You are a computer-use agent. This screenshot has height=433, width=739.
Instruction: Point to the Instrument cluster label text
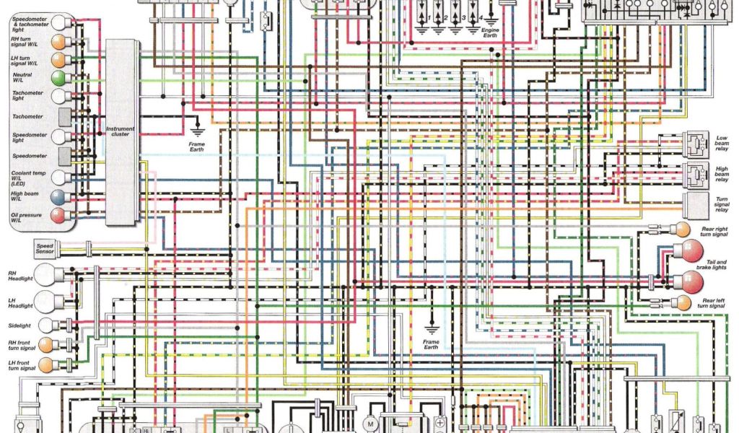121,131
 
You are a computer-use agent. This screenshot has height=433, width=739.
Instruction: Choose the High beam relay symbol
696,173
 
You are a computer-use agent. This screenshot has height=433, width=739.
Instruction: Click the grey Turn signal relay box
696,205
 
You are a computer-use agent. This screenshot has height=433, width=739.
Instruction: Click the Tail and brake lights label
712,265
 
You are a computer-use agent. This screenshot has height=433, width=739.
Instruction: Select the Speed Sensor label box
45,250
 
